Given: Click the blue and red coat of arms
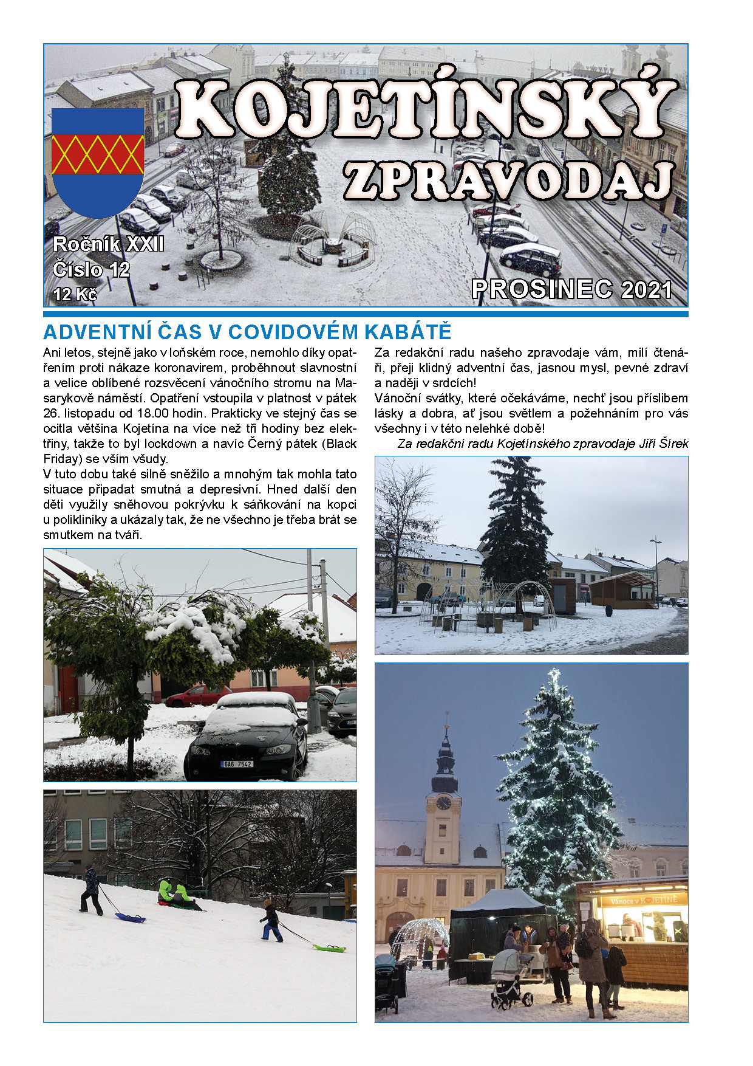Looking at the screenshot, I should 98,161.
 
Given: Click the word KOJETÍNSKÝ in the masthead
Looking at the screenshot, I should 425,109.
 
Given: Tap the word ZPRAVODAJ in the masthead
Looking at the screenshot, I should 509,181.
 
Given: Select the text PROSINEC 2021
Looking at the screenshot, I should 571,289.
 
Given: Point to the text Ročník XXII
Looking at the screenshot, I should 108,244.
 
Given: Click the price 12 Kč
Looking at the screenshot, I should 75,295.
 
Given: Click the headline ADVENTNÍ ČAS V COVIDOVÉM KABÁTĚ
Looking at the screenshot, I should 247,332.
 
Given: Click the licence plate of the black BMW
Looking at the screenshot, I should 236,764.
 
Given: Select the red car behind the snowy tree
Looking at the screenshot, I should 196,695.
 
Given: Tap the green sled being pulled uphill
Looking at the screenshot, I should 329,947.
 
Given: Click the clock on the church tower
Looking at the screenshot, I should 444,803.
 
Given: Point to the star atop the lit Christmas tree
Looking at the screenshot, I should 554,674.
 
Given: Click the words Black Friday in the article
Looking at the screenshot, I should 341,444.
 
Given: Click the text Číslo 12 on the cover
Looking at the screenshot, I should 91,269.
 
